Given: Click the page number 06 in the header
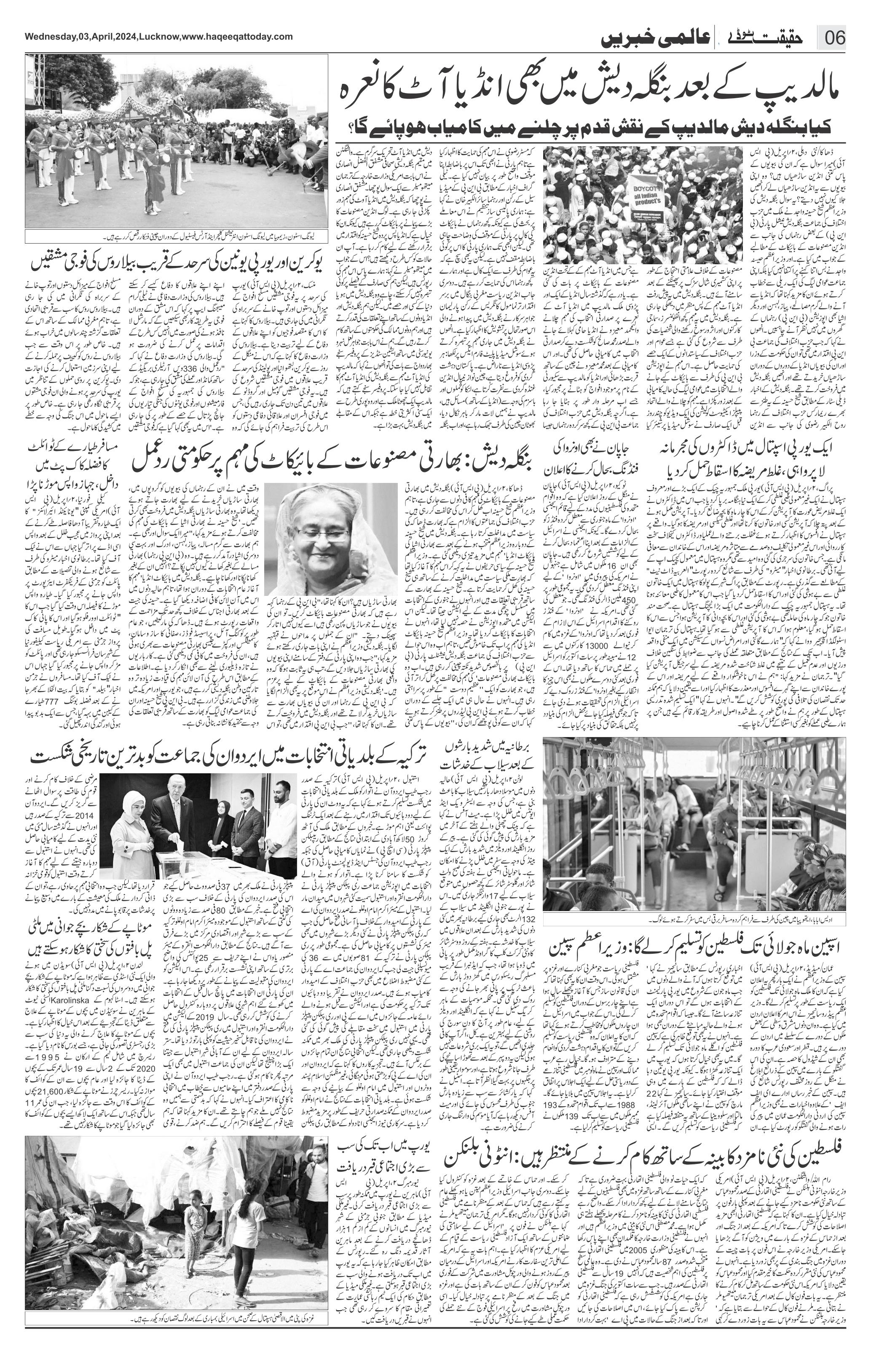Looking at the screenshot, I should click(x=834, y=40).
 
